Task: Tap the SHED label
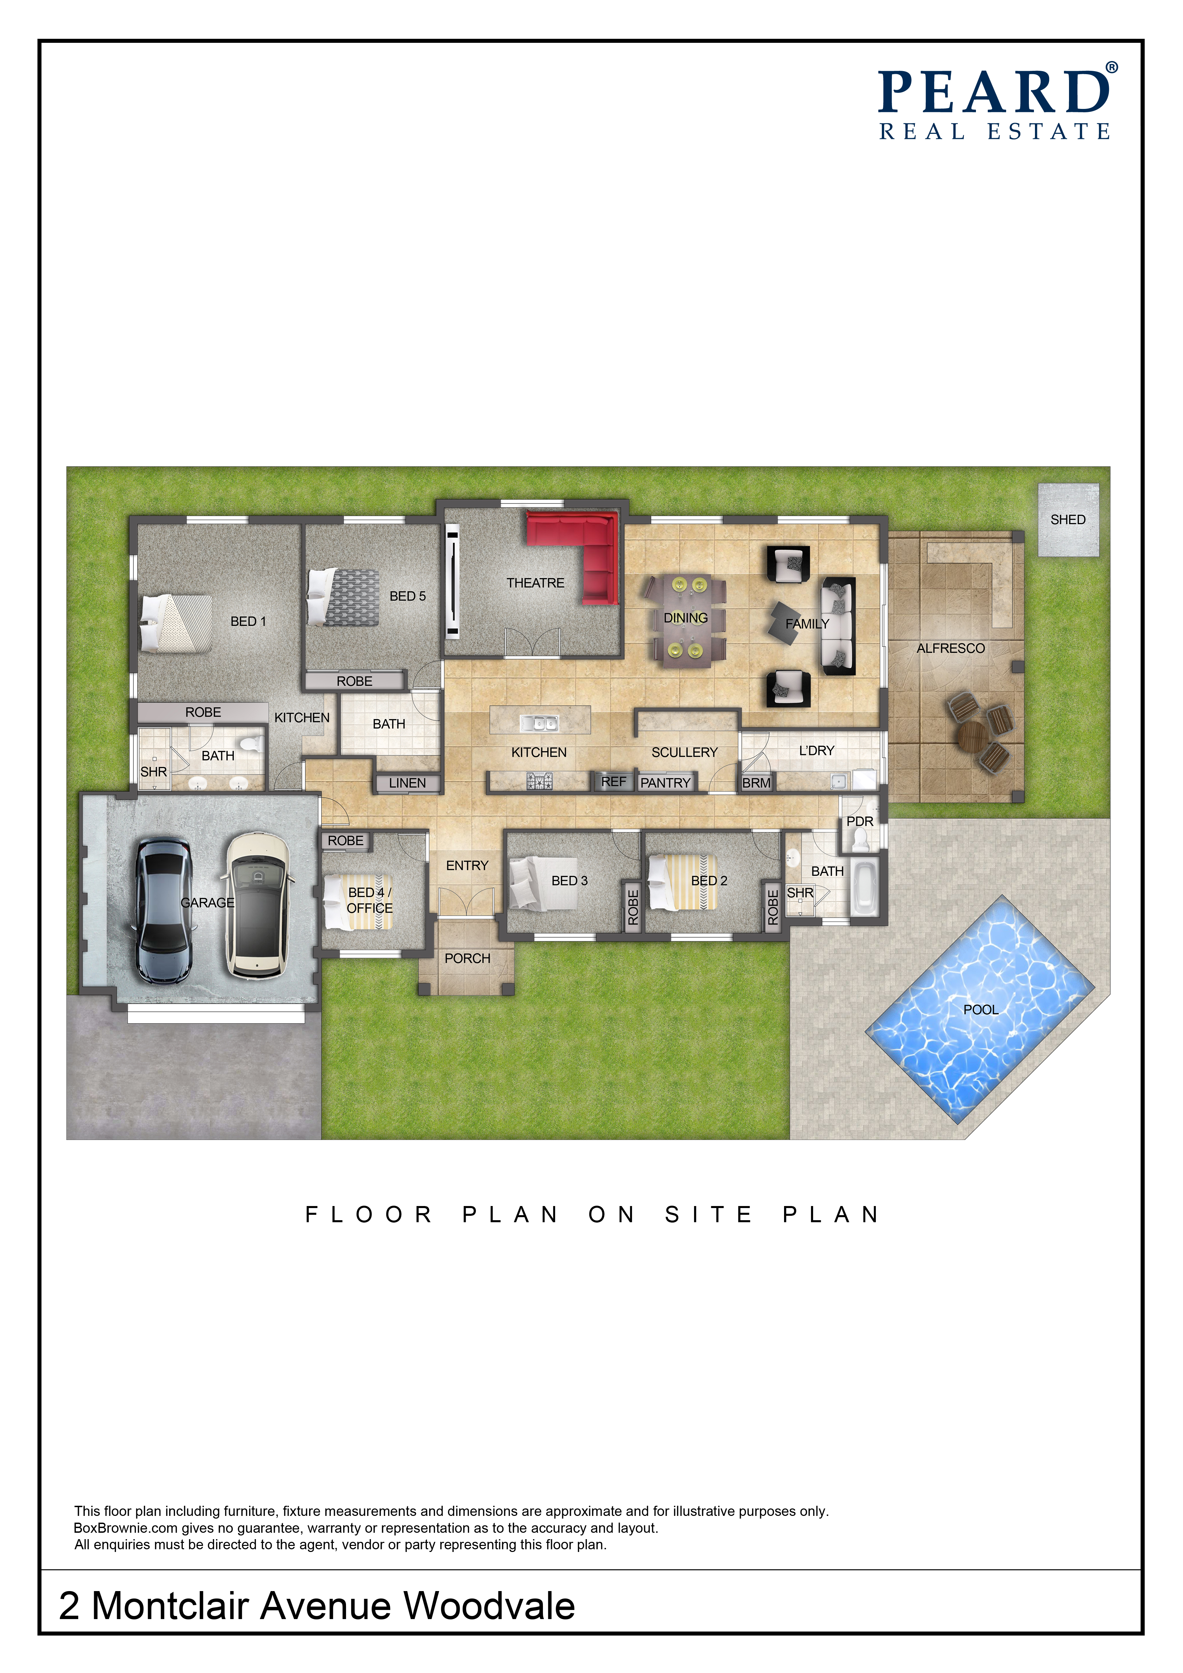click(x=1068, y=520)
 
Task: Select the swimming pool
click(x=980, y=1009)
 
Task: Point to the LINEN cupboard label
click(x=407, y=783)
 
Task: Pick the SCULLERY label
click(x=685, y=752)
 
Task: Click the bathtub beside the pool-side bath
click(x=864, y=889)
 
